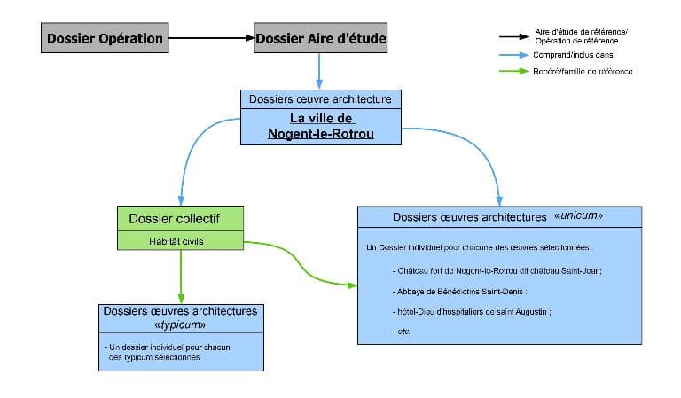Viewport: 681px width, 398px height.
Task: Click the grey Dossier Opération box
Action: (x=105, y=38)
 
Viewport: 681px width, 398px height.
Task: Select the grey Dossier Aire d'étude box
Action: (x=320, y=38)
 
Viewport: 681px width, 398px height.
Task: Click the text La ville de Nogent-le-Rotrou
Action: (x=321, y=126)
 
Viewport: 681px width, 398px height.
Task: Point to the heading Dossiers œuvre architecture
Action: (x=320, y=98)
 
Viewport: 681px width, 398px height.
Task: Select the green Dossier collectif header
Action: (x=180, y=218)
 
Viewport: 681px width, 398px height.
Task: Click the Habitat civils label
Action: (x=180, y=240)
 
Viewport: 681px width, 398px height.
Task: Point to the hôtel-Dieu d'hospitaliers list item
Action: (x=471, y=311)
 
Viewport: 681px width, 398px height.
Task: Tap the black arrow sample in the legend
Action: (x=512, y=37)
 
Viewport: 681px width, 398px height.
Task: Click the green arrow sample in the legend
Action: (x=512, y=71)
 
